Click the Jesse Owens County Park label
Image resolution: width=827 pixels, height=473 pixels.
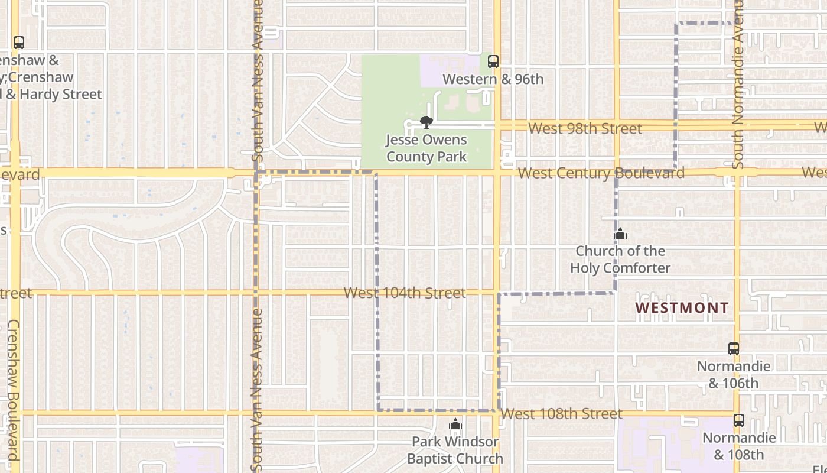pyautogui.click(x=426, y=148)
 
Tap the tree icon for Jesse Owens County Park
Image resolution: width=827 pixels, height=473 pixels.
pyautogui.click(x=426, y=122)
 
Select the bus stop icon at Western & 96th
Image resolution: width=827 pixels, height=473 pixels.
pyautogui.click(x=493, y=61)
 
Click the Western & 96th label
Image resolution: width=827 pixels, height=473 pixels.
pyautogui.click(x=493, y=79)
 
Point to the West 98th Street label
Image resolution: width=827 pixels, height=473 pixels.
pyautogui.click(x=585, y=129)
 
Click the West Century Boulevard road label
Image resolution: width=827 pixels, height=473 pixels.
pyautogui.click(x=601, y=173)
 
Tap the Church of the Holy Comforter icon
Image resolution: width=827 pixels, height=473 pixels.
pyautogui.click(x=620, y=234)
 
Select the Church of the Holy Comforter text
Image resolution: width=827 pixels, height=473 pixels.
pyautogui.click(x=620, y=260)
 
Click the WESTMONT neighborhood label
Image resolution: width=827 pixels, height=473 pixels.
pyautogui.click(x=682, y=308)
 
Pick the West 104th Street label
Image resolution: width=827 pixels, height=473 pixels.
pyautogui.click(x=405, y=293)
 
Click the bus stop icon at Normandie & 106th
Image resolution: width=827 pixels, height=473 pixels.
pyautogui.click(x=734, y=349)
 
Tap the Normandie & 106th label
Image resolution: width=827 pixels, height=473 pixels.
pyautogui.click(x=734, y=374)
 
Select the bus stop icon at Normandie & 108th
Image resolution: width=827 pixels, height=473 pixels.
pyautogui.click(x=739, y=420)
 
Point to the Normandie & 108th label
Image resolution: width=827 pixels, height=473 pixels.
pyautogui.click(x=738, y=446)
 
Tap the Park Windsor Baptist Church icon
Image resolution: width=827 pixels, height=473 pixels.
pyautogui.click(x=455, y=425)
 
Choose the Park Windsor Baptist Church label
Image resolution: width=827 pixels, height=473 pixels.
pyautogui.click(x=455, y=450)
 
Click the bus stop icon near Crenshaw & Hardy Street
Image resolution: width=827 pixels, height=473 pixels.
pyautogui.click(x=19, y=43)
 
